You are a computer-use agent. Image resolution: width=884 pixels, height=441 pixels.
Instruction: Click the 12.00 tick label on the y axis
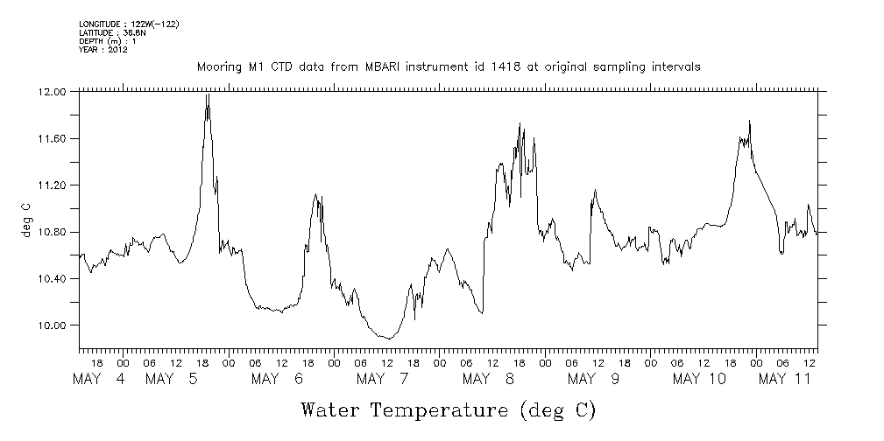[53, 92]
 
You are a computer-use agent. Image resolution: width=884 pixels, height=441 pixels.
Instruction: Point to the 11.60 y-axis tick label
[53, 138]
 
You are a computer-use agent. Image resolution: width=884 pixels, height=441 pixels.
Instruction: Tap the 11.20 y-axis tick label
[53, 185]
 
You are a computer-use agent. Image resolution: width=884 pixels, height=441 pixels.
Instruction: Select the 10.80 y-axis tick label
[53, 232]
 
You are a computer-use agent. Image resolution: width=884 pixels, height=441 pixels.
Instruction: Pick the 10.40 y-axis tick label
[53, 278]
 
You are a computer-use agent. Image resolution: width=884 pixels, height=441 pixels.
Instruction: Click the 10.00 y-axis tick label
[53, 325]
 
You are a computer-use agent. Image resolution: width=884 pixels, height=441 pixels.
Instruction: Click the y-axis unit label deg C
[25, 220]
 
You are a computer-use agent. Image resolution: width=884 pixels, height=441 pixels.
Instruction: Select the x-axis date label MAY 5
[173, 379]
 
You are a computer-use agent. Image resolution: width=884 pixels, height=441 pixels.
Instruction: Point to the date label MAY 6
[277, 379]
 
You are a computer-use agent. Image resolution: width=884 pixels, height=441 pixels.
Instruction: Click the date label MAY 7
[383, 379]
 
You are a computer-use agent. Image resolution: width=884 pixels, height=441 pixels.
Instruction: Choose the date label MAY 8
[488, 379]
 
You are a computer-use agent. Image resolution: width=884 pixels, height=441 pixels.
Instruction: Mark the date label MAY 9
[593, 379]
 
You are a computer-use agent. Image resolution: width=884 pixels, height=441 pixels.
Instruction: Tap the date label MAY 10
[699, 379]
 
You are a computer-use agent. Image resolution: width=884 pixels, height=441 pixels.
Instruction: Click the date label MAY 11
[784, 379]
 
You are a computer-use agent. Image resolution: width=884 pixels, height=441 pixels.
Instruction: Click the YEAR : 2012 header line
[103, 49]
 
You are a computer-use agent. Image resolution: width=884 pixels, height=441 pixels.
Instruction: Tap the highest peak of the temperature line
[208, 94]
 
